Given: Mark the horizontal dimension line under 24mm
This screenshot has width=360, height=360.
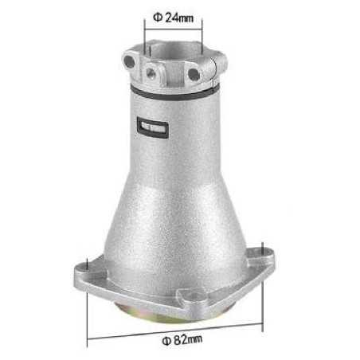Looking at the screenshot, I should (x=174, y=25).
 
